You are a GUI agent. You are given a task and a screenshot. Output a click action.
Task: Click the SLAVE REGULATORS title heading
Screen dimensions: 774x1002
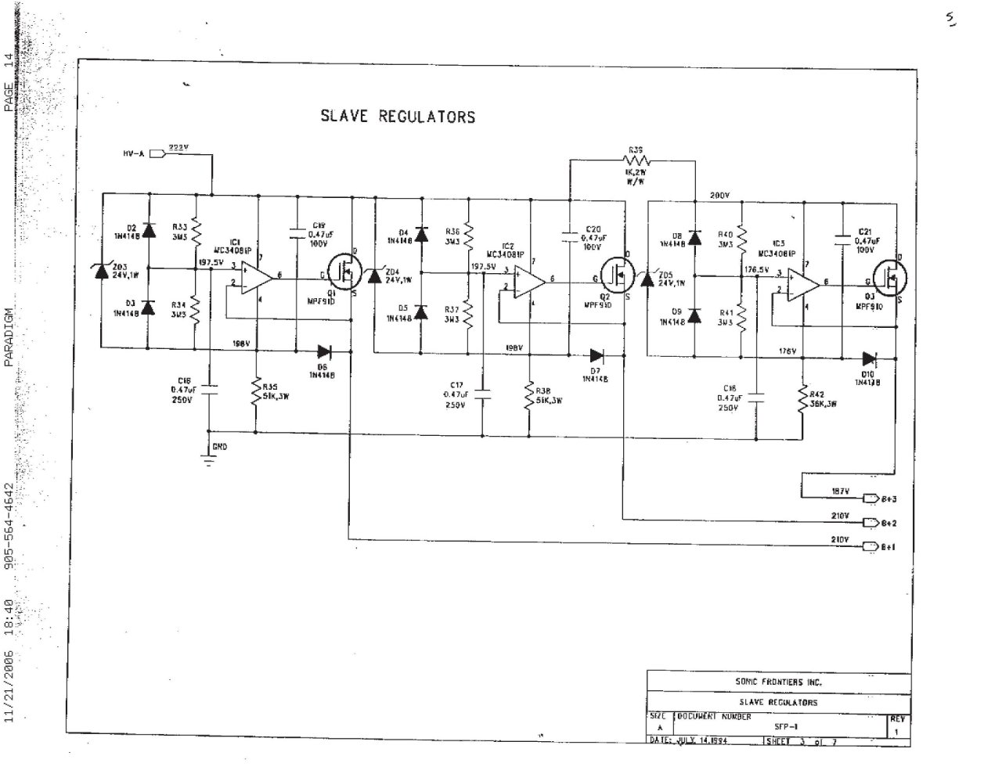tap(398, 117)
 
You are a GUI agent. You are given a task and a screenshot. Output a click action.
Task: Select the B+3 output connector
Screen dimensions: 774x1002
tap(870, 498)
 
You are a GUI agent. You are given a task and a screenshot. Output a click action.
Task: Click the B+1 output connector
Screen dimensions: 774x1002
tap(870, 546)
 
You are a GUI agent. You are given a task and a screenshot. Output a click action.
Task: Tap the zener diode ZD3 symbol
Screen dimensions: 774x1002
tap(101, 271)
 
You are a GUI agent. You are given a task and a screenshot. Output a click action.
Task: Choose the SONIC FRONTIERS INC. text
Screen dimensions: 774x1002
tap(777, 682)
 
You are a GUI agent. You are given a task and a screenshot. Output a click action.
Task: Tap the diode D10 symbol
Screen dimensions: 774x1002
tap(870, 359)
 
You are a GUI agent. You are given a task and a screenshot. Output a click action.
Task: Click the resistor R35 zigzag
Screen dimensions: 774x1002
tap(256, 391)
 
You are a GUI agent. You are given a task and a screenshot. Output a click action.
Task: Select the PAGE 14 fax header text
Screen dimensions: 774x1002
tap(9, 82)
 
